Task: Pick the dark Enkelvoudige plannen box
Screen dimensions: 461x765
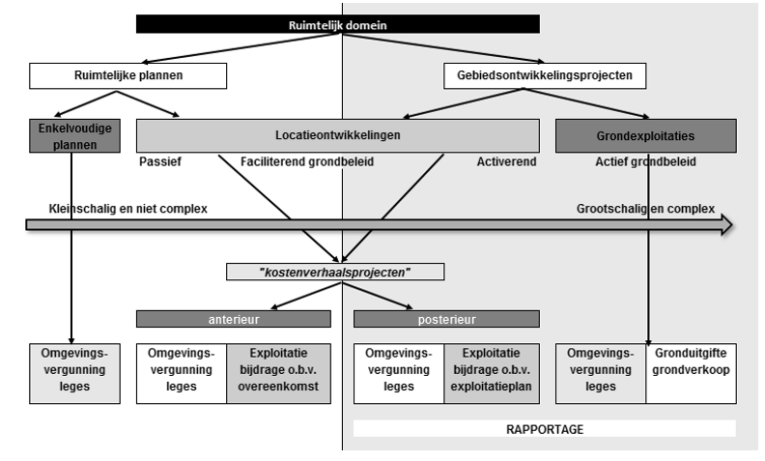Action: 75,136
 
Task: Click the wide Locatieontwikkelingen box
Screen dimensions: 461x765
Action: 338,136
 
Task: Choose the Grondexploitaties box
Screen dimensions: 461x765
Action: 646,136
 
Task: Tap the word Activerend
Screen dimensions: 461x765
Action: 505,162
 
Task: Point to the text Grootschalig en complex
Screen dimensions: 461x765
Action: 645,208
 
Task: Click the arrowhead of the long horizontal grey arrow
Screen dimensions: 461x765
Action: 722,225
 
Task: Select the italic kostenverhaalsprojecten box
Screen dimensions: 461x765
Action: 336,273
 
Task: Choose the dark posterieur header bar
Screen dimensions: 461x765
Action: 447,319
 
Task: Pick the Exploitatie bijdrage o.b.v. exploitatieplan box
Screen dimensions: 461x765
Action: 493,372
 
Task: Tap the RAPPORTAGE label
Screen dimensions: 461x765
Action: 545,428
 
